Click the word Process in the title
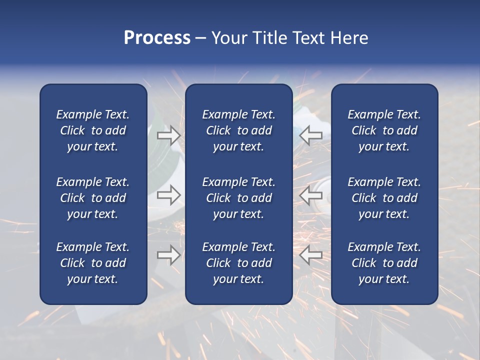click(x=157, y=38)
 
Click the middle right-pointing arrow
click(x=168, y=195)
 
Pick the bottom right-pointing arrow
click(x=168, y=255)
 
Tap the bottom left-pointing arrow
click(x=311, y=255)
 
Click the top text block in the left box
click(x=93, y=130)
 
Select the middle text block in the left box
click(x=93, y=198)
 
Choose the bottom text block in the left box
click(x=93, y=263)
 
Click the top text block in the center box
click(x=238, y=130)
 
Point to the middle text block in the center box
click(x=238, y=198)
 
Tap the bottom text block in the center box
click(x=238, y=263)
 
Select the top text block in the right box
click(x=384, y=130)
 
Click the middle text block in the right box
click(x=384, y=198)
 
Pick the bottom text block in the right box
click(x=384, y=263)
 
